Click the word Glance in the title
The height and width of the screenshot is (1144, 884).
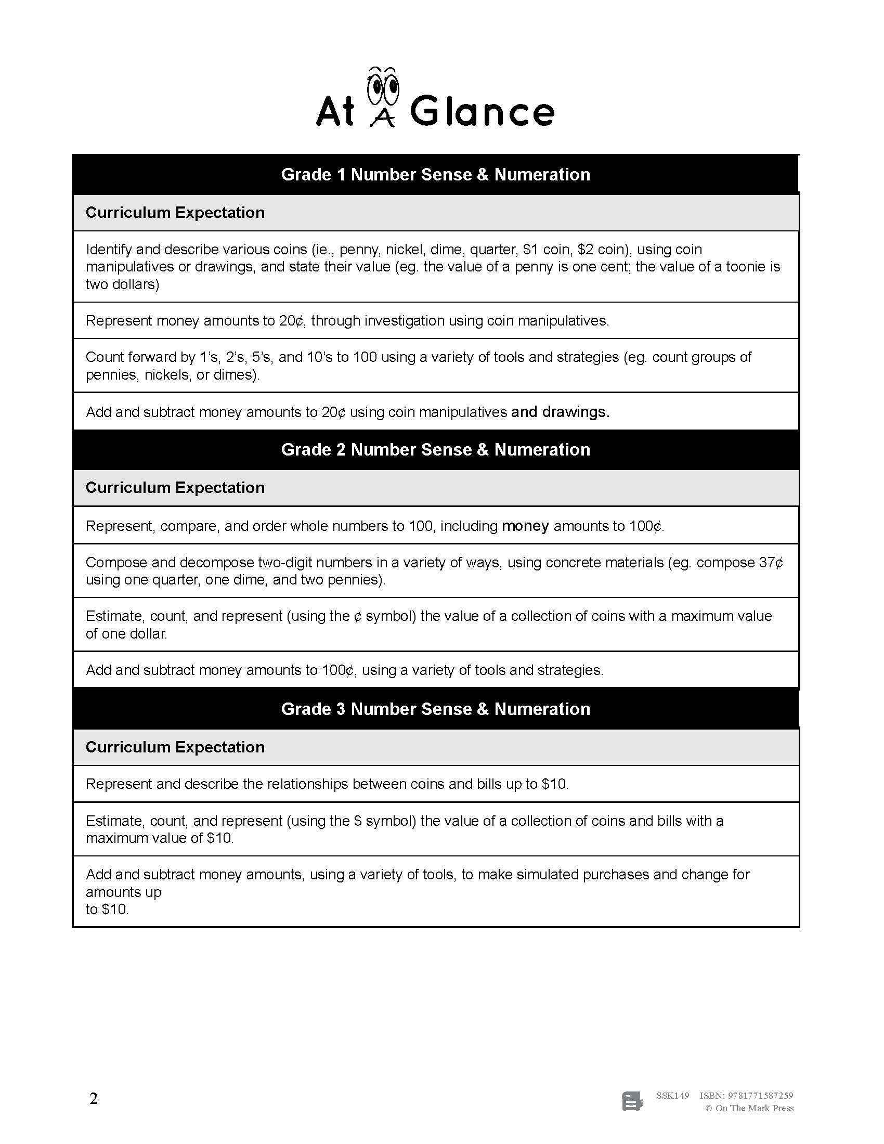pyautogui.click(x=482, y=112)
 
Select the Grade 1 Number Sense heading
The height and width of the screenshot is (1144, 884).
pyautogui.click(x=435, y=174)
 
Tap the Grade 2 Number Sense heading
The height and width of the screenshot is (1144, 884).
pyautogui.click(x=435, y=449)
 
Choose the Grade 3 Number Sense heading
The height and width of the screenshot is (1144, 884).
pyautogui.click(x=435, y=709)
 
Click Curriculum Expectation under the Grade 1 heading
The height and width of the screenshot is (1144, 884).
pyautogui.click(x=175, y=213)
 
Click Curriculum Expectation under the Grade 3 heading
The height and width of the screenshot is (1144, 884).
pyautogui.click(x=175, y=747)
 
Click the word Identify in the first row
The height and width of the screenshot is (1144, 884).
pyautogui.click(x=108, y=249)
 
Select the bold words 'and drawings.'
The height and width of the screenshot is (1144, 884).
pyautogui.click(x=560, y=412)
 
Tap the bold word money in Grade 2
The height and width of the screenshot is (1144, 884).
pyautogui.click(x=525, y=526)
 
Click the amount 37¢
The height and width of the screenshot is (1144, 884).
pyautogui.click(x=771, y=563)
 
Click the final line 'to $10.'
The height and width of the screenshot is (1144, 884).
pyautogui.click(x=107, y=910)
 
